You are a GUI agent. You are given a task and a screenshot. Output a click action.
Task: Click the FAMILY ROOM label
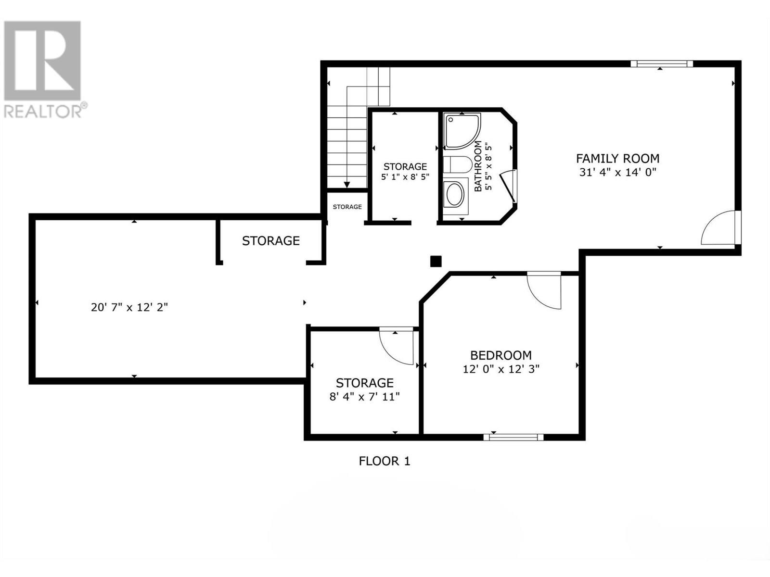point(617,159)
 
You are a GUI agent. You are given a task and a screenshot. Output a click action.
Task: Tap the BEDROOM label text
point(501,356)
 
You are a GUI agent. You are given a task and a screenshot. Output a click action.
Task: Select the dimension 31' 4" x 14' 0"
point(617,172)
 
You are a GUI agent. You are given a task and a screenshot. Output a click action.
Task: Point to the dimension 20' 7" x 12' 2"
point(129,307)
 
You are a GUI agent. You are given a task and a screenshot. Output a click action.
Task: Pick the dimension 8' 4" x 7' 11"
point(364,397)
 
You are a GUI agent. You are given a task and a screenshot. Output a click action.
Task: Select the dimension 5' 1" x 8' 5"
point(405,177)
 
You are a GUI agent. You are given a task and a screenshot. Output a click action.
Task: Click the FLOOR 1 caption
point(385,461)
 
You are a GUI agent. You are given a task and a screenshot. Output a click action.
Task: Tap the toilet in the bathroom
point(457,164)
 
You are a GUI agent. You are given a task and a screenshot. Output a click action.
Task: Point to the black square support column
point(436,262)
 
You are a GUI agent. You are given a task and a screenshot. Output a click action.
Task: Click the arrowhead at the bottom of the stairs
point(347,185)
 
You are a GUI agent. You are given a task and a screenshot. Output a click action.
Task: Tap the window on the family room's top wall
point(662,64)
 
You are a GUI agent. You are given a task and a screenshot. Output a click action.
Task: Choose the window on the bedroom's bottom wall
point(513,437)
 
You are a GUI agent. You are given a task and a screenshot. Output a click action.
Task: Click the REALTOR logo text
point(43,112)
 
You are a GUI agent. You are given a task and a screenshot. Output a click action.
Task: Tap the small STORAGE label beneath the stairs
point(347,207)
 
